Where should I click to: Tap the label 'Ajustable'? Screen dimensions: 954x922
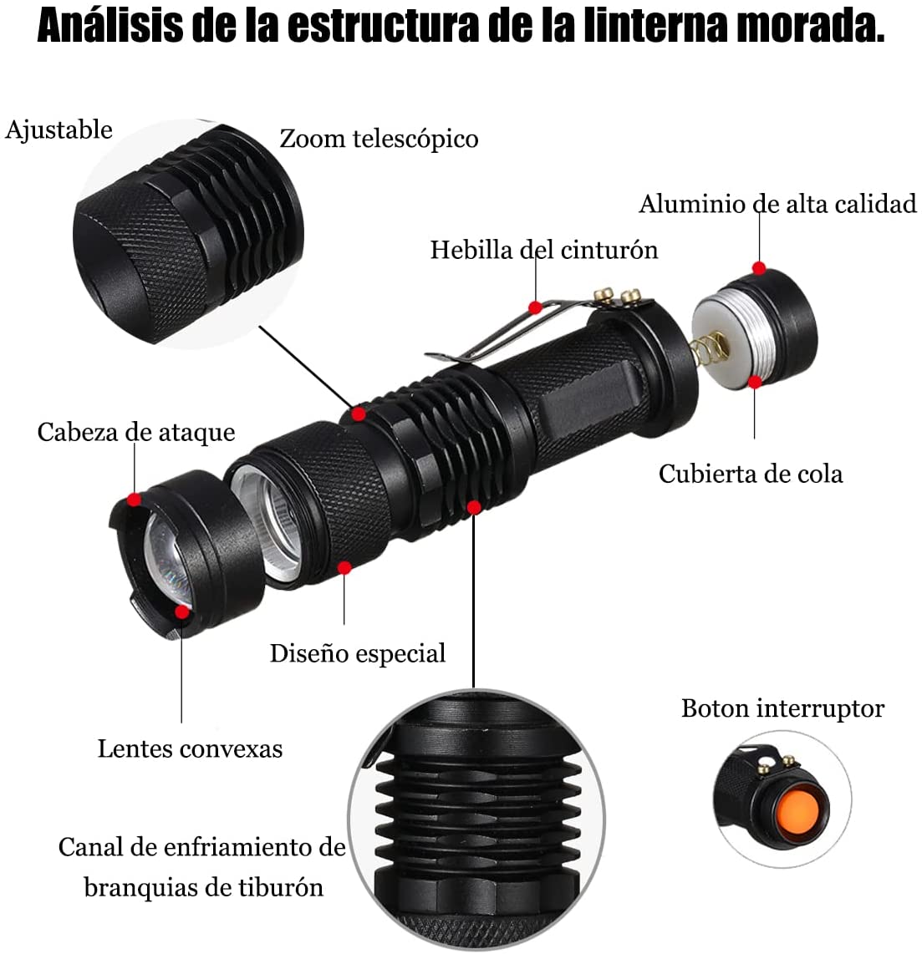click(59, 130)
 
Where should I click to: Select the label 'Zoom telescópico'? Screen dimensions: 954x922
click(379, 138)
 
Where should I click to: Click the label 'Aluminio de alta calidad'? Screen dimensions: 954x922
click(777, 204)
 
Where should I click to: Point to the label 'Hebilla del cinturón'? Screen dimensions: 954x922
click(543, 249)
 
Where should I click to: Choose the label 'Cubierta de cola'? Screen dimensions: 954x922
click(750, 474)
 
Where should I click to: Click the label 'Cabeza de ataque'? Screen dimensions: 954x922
click(135, 432)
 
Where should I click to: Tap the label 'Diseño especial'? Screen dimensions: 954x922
click(357, 652)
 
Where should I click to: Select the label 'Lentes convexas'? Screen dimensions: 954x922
click(190, 748)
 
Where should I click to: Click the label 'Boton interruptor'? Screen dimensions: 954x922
click(782, 708)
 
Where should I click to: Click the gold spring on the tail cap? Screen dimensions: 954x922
click(704, 344)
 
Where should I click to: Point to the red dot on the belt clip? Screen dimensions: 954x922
click(535, 307)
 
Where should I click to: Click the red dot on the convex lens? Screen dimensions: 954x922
click(181, 611)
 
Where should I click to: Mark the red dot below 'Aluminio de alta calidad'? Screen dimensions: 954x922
click(759, 268)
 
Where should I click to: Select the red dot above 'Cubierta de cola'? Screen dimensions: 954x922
click(755, 382)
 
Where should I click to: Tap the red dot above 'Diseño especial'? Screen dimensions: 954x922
click(344, 567)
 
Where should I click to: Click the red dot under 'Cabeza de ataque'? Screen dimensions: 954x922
click(134, 500)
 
